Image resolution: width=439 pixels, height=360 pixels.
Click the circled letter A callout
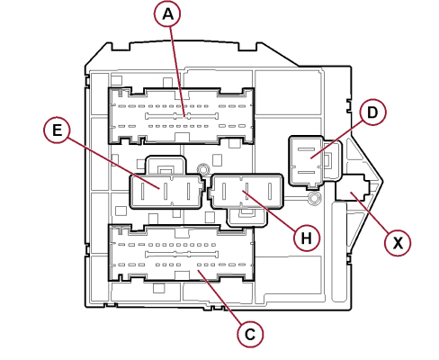point(168,14)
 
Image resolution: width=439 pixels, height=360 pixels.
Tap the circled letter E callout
point(57,130)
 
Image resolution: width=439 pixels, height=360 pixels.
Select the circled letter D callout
point(372,112)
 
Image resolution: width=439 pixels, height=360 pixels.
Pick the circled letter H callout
point(307,238)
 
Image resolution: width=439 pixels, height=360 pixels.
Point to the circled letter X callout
point(398,242)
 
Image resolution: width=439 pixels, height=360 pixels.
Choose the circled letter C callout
point(250,334)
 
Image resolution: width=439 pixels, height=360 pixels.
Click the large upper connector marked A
point(182,116)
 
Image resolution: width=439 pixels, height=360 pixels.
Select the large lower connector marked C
point(182,254)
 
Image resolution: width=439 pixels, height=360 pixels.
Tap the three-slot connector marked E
point(166,191)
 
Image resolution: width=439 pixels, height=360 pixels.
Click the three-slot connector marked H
point(246,191)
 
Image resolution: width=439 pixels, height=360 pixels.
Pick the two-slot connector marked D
point(307,160)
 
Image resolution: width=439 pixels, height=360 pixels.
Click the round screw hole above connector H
point(203,168)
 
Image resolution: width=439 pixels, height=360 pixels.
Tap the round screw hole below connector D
point(314,198)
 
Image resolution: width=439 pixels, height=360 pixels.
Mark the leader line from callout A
point(177,72)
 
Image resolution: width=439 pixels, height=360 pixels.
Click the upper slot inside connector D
point(306,148)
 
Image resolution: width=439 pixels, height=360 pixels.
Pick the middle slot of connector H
point(246,191)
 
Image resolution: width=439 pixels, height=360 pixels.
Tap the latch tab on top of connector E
point(166,165)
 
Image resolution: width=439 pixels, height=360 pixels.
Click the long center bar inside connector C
point(182,255)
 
